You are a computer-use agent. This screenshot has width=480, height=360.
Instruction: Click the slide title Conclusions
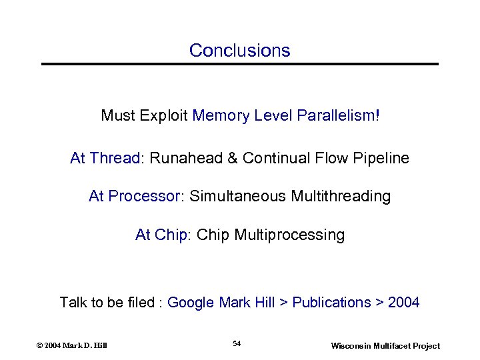coord(239,51)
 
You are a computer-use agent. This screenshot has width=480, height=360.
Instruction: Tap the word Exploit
coord(163,116)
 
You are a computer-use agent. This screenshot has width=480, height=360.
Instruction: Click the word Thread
coord(115,159)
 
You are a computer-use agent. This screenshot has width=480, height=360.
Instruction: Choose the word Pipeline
coord(382,159)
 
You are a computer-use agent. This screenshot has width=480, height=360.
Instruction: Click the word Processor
coord(145,197)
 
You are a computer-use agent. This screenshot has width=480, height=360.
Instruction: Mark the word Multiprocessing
coord(290,235)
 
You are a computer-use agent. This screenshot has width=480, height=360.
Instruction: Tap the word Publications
coord(331,303)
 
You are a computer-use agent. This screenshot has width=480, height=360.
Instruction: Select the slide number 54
coord(237,343)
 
